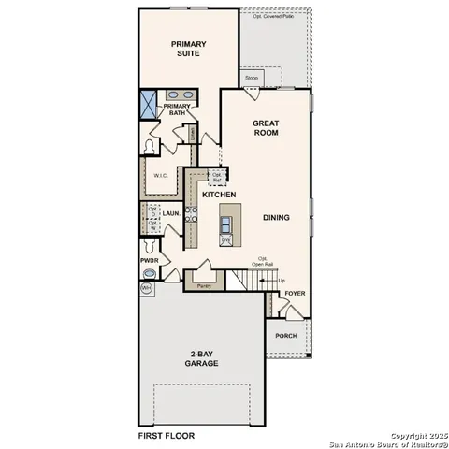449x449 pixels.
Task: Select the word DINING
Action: click(x=276, y=218)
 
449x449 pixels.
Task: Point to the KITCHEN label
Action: click(x=219, y=195)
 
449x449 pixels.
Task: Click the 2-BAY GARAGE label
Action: click(x=201, y=358)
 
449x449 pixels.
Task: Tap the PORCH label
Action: click(x=285, y=336)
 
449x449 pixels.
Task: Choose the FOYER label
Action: click(x=295, y=293)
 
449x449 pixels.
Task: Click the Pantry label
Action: click(x=203, y=286)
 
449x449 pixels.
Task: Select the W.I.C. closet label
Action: click(x=160, y=175)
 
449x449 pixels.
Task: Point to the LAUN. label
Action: click(x=170, y=213)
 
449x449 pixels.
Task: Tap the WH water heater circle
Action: click(x=147, y=289)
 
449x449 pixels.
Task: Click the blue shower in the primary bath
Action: click(x=149, y=104)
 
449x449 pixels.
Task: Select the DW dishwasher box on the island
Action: click(x=225, y=239)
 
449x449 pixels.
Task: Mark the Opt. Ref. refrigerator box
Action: click(x=217, y=176)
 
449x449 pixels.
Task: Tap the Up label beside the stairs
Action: click(x=282, y=281)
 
